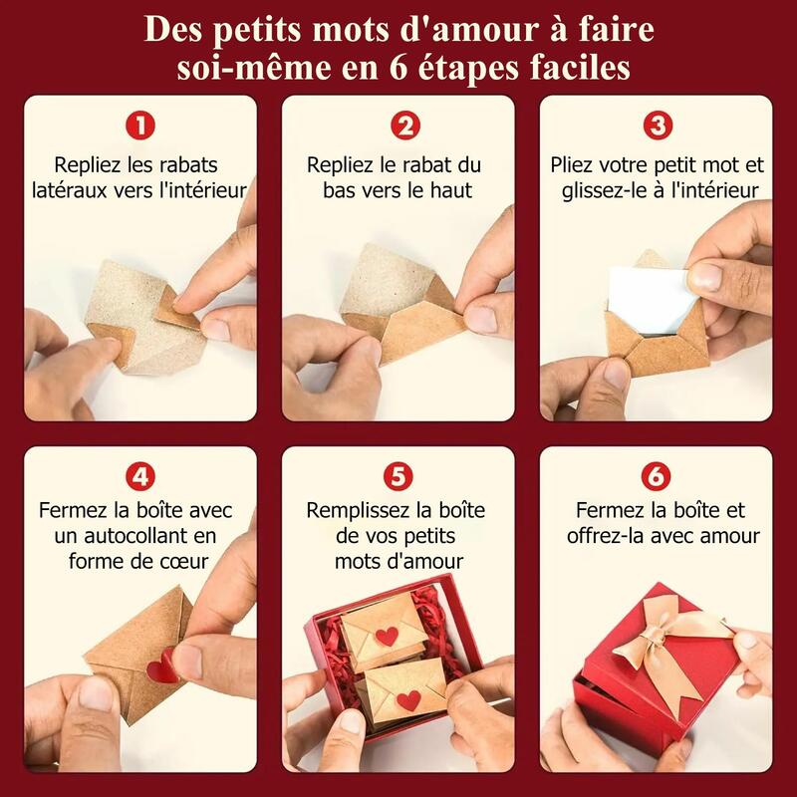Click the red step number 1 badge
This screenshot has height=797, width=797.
[140, 126]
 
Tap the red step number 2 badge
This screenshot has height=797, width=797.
[405, 126]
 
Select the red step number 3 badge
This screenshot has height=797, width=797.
[658, 126]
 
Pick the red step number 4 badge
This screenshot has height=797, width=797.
[140, 476]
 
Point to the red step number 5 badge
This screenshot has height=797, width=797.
[398, 476]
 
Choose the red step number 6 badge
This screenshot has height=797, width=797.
[656, 476]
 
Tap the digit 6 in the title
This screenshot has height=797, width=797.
[398, 68]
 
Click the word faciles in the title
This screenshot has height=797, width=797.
[580, 68]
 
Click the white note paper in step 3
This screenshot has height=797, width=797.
[651, 300]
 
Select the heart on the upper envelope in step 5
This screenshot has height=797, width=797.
[387, 636]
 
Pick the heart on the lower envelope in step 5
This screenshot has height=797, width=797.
[409, 701]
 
